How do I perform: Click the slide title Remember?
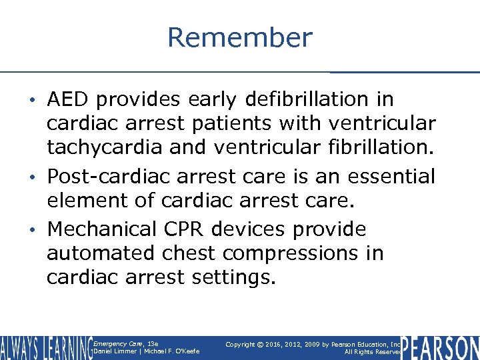pyautogui.click(x=239, y=37)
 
